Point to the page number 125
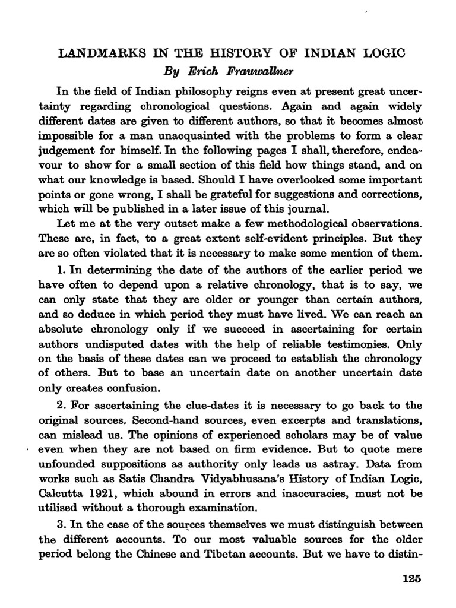pos(411,579)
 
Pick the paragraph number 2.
pos(61,406)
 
